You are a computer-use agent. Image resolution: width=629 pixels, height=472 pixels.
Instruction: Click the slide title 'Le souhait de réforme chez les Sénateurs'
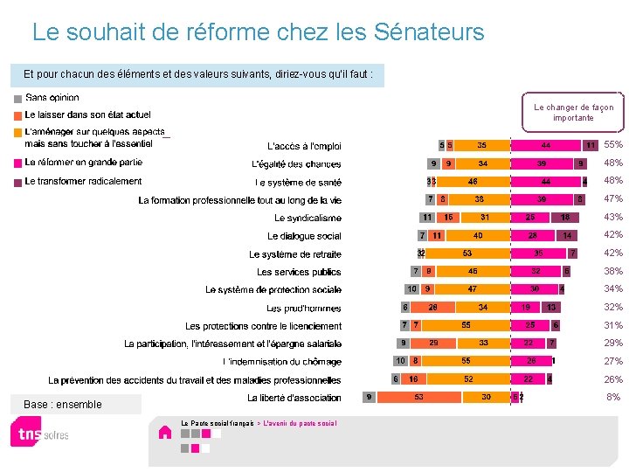tap(258, 33)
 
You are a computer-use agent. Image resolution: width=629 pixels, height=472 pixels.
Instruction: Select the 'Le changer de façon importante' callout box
tap(573, 112)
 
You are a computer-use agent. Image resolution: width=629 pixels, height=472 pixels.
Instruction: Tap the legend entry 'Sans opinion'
tap(52, 98)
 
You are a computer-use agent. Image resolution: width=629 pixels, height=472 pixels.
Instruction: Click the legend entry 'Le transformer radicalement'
tap(83, 181)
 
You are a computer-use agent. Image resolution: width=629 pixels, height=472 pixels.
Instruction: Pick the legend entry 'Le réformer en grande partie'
tap(83, 162)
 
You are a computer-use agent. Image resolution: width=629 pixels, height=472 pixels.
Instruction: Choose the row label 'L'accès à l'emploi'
tap(304, 146)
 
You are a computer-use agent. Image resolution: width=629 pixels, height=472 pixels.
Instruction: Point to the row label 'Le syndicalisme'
tap(308, 218)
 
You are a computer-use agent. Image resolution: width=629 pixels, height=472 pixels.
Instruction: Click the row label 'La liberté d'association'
tap(294, 398)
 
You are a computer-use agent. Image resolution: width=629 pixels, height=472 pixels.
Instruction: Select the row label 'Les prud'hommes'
tap(304, 308)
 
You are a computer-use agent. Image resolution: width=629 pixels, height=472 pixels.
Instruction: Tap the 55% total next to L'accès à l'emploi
tap(613, 145)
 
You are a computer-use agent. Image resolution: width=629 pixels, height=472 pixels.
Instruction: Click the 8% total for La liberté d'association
tap(613, 397)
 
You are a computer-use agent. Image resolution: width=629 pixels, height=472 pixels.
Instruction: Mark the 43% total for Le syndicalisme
tap(613, 217)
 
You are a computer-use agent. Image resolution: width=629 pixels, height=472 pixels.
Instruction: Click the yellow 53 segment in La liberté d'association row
tap(419, 397)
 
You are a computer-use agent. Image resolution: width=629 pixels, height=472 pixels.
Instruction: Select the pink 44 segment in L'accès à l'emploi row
tap(546, 145)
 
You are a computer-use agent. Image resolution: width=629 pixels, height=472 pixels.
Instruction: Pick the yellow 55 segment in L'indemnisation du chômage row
tap(467, 361)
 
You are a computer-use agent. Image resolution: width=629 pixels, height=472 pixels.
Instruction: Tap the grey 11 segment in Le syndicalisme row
tap(427, 217)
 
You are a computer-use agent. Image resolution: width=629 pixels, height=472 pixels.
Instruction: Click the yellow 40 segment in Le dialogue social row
tap(477, 235)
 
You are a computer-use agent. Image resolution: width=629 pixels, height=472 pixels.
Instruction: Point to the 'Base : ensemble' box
tap(74, 404)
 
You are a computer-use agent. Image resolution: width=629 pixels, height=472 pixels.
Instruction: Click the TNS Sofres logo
tap(39, 432)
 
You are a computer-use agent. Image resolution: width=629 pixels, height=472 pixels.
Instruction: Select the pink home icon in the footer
tap(164, 432)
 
